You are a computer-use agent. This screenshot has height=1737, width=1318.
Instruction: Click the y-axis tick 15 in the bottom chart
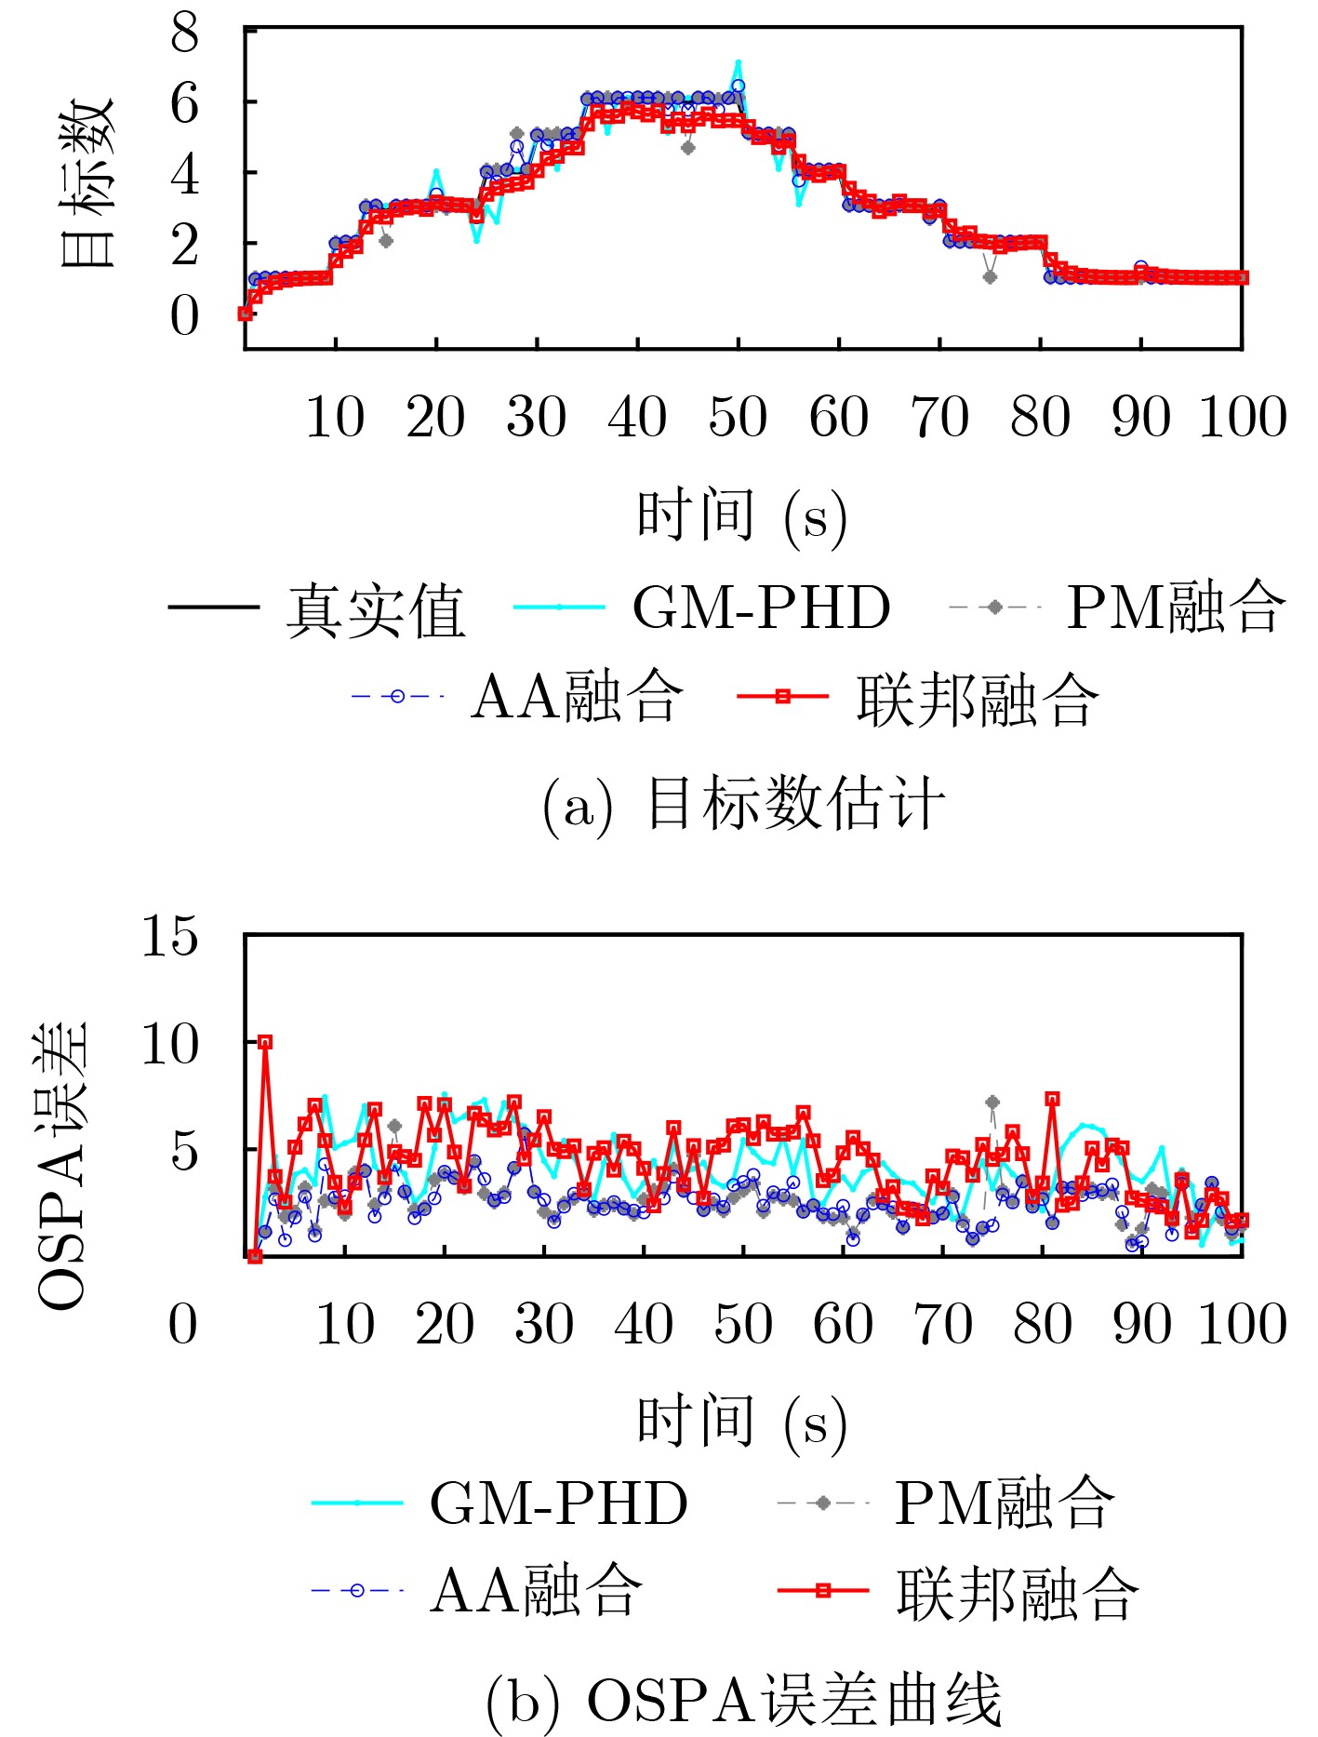point(169,935)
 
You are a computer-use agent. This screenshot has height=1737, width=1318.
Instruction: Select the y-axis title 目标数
point(87,183)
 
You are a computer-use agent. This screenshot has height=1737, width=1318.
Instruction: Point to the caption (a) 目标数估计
point(743,804)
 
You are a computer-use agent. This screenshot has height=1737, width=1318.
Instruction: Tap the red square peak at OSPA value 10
point(265,1042)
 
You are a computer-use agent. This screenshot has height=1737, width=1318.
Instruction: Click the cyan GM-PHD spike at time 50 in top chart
point(739,63)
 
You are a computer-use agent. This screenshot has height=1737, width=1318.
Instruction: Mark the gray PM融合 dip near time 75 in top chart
point(990,276)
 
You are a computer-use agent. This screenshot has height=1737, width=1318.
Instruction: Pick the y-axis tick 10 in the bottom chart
point(169,1044)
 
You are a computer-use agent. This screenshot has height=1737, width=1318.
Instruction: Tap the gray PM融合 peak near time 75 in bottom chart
point(992,1102)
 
